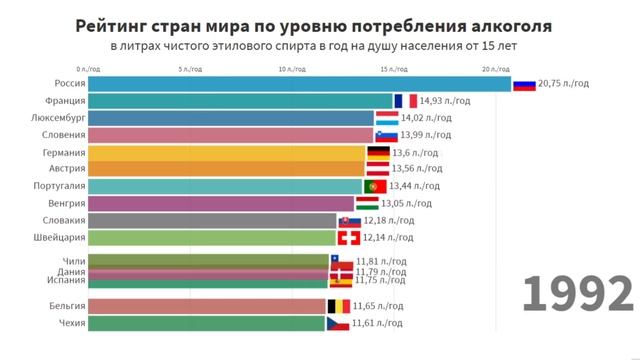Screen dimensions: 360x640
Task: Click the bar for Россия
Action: click(x=299, y=84)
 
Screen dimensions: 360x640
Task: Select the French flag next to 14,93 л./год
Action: click(x=405, y=101)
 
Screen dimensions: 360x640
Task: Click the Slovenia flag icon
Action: click(x=387, y=136)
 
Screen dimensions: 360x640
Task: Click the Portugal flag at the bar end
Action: click(x=375, y=187)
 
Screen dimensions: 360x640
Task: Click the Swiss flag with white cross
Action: click(x=349, y=238)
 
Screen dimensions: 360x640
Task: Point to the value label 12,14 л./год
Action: click(x=388, y=238)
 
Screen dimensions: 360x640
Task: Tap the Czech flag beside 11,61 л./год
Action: click(x=338, y=324)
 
